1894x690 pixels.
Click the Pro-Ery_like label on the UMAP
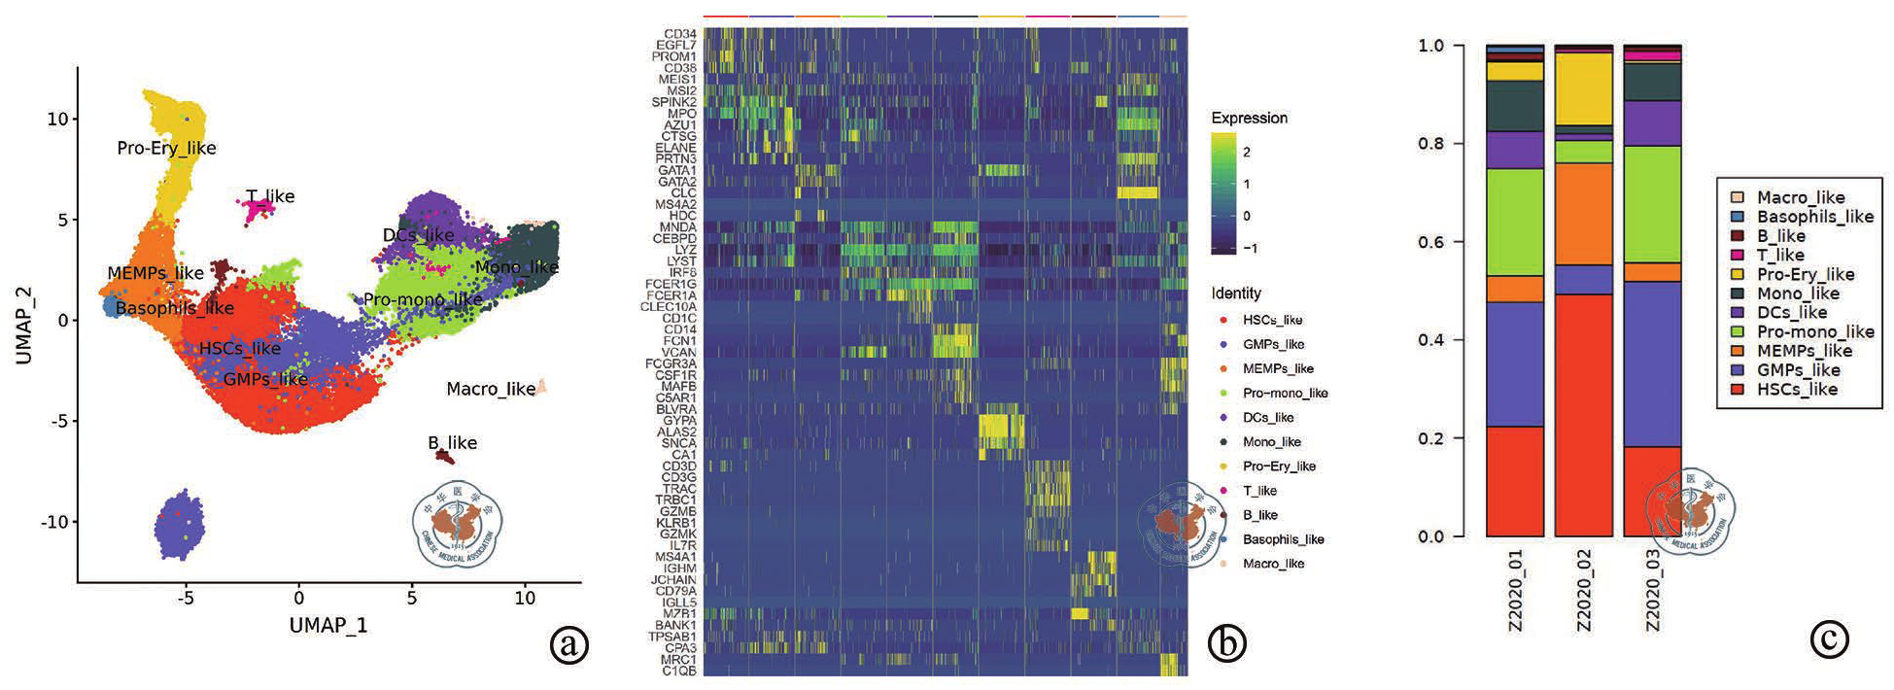point(166,148)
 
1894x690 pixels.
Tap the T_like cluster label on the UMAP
point(270,196)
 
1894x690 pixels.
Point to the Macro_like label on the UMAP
point(491,389)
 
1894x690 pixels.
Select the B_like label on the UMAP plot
point(452,442)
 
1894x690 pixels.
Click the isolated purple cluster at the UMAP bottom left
point(179,525)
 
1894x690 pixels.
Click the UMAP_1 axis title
point(328,625)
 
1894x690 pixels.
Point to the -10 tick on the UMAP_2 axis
point(54,522)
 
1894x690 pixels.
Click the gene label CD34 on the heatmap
point(680,34)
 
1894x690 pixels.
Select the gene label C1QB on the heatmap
point(679,671)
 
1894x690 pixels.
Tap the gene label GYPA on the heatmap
point(679,421)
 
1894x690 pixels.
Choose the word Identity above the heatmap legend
point(1236,293)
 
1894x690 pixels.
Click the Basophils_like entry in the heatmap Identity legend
point(1283,539)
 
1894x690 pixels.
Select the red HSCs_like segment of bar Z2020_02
point(1583,415)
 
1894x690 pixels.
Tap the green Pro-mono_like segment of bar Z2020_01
point(1515,222)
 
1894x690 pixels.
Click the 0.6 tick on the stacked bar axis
point(1431,242)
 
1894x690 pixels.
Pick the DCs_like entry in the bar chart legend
point(1791,312)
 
